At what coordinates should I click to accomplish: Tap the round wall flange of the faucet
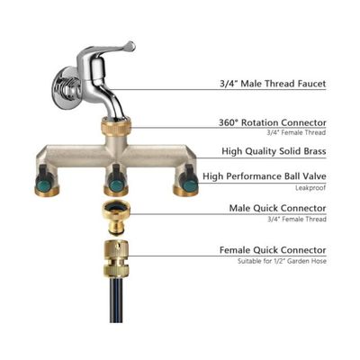61,87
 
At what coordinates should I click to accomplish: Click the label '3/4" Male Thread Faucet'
273,84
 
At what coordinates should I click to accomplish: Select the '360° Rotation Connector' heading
272,122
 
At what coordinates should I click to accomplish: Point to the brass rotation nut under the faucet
115,125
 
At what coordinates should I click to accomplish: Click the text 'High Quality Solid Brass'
274,151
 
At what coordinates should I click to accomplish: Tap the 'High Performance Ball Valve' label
265,176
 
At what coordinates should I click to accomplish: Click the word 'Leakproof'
310,188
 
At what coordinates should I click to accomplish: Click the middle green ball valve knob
115,184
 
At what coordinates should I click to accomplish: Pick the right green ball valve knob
189,184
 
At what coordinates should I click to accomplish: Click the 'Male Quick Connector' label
277,208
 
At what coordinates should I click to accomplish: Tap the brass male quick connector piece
116,216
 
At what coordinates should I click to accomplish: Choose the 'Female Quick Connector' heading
273,250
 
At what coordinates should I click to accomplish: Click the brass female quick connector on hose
116,258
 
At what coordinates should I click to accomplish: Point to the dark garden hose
116,300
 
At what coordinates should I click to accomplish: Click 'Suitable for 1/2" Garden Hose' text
282,261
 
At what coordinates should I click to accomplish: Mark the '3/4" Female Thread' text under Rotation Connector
296,132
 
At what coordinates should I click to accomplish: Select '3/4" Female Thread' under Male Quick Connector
297,220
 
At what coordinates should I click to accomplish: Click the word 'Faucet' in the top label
311,84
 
